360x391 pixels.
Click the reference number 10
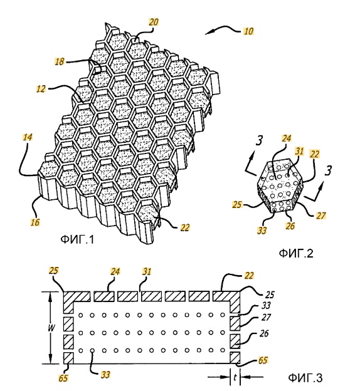(x=248, y=31)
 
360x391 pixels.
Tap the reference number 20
(x=154, y=22)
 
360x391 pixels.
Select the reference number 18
(x=60, y=61)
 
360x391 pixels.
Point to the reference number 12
(x=41, y=89)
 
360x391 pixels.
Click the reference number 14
(x=28, y=137)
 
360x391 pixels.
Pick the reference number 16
(x=35, y=222)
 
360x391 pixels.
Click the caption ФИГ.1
(x=77, y=239)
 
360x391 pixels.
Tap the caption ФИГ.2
(x=296, y=253)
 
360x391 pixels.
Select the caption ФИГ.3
(x=305, y=378)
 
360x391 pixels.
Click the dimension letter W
(x=51, y=328)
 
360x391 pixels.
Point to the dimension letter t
(x=235, y=378)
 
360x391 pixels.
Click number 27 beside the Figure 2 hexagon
(x=321, y=215)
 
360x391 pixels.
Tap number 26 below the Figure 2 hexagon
(x=290, y=226)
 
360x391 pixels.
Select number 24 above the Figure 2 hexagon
(x=287, y=138)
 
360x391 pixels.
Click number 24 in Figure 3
(x=115, y=271)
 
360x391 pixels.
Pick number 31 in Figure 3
(x=147, y=271)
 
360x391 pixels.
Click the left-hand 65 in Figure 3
(x=63, y=378)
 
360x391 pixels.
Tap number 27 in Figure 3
(x=266, y=317)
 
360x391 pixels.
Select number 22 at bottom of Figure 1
(x=185, y=227)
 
